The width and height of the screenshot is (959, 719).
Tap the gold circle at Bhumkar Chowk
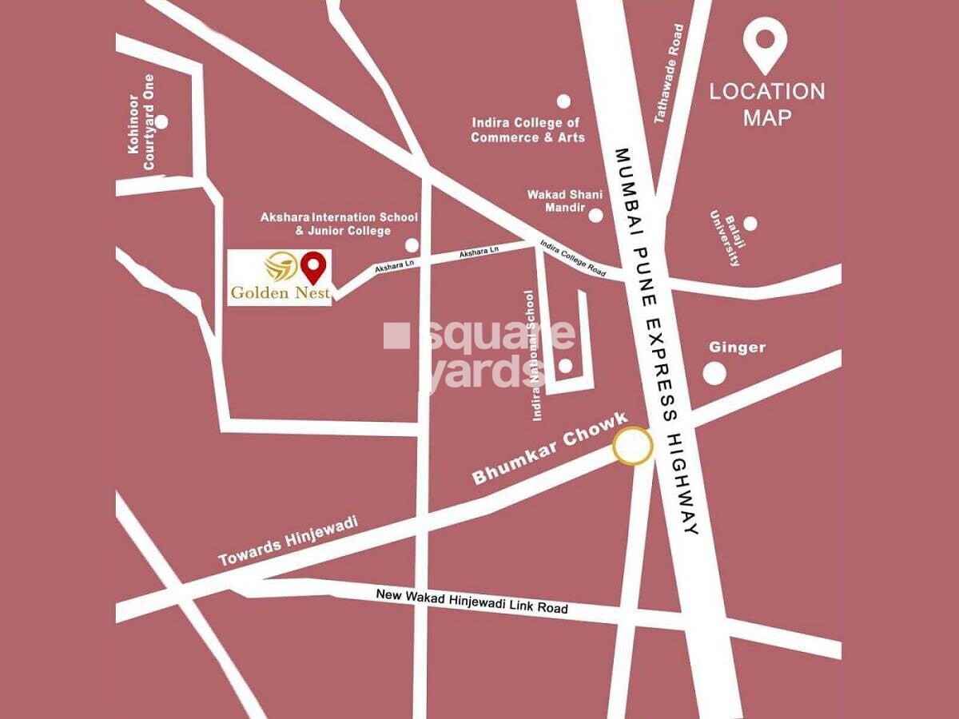click(633, 447)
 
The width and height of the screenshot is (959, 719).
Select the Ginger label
click(737, 348)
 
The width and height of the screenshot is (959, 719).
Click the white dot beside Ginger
click(714, 373)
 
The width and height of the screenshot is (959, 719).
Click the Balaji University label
click(724, 239)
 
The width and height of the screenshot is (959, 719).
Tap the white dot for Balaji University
click(750, 224)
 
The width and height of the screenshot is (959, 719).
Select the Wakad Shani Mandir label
click(558, 201)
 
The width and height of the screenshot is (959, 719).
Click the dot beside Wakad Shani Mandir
click(595, 215)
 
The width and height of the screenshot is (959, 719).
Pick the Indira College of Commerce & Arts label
click(527, 130)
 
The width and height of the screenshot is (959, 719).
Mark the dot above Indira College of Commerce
click(563, 101)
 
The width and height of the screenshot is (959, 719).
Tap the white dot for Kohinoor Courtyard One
click(161, 121)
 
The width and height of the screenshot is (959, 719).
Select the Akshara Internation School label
click(339, 224)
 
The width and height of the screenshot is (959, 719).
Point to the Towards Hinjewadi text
click(288, 542)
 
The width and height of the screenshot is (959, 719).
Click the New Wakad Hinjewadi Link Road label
click(472, 602)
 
